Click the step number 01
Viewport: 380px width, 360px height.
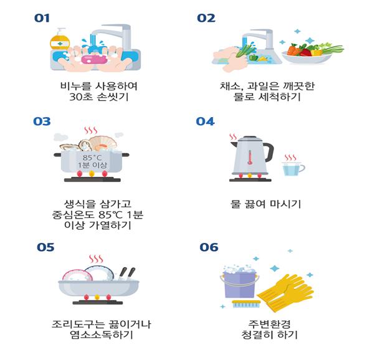(42, 18)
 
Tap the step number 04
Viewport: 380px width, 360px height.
(206, 121)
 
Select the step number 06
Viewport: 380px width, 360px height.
(209, 247)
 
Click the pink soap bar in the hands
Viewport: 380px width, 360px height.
(94, 59)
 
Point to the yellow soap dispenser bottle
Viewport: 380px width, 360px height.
(60, 40)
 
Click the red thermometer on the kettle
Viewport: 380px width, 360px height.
(250, 158)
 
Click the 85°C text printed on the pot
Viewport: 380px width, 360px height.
(92, 158)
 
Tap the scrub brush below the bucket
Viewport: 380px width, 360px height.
(246, 304)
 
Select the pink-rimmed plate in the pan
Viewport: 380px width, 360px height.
(77, 276)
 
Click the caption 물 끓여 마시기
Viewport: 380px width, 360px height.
(265, 204)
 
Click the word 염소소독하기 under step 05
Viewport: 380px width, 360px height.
(102, 335)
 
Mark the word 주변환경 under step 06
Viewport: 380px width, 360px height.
(269, 324)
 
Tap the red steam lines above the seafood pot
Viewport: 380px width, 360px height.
(90, 130)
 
